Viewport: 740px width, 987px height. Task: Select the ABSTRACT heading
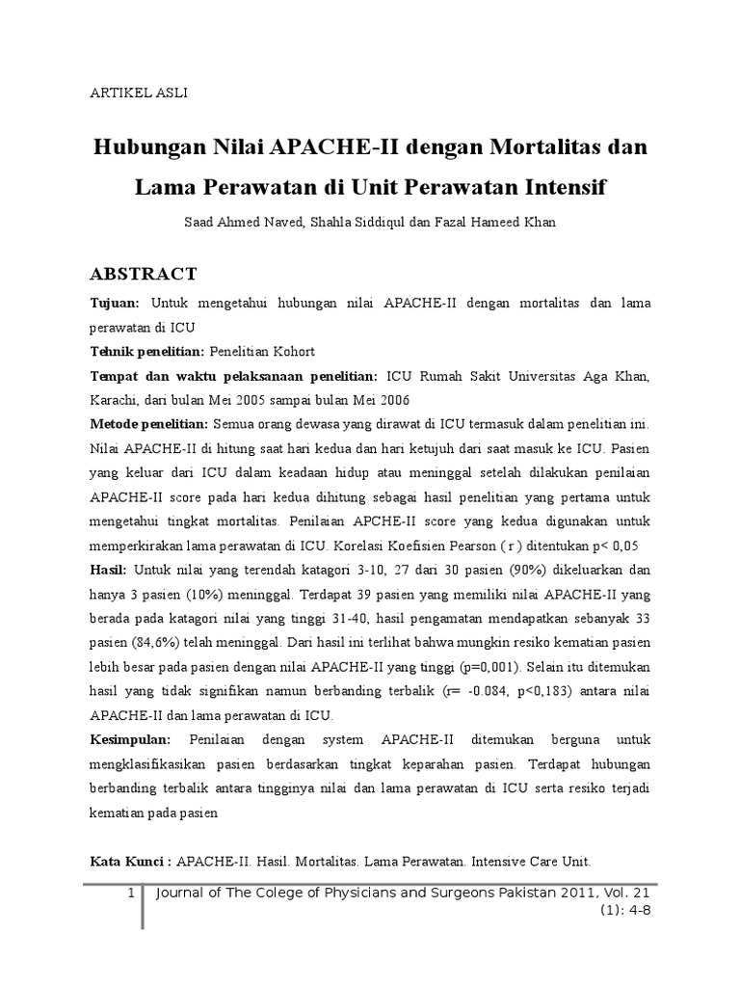[144, 274]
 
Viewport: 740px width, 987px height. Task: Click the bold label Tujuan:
[115, 304]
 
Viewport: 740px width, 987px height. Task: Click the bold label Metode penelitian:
[148, 424]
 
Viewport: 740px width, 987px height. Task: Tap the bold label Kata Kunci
[127, 861]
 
